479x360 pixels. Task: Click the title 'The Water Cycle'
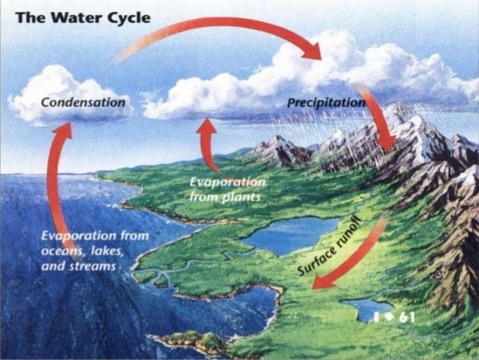(x=83, y=17)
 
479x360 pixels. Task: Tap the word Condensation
(x=83, y=101)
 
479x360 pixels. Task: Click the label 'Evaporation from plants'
(x=226, y=190)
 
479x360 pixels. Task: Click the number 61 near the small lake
(x=407, y=316)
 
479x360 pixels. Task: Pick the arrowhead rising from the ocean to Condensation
(x=63, y=132)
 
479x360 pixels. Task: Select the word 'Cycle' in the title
(x=125, y=17)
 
